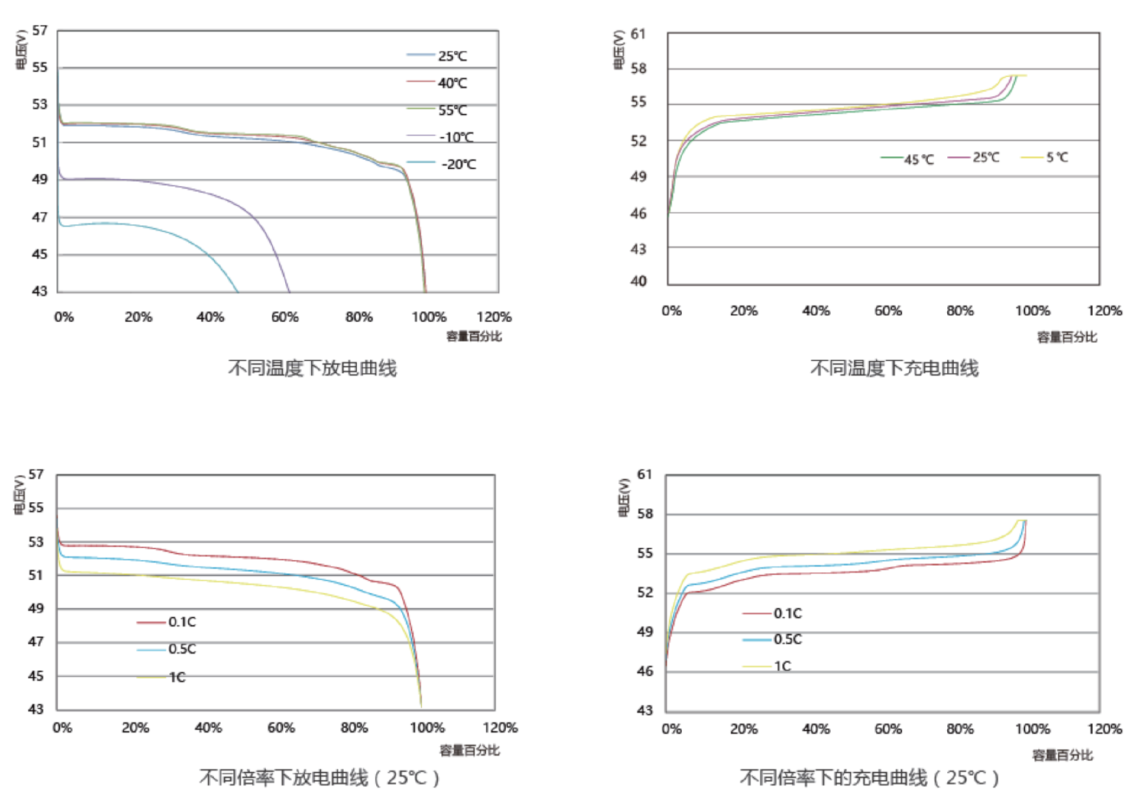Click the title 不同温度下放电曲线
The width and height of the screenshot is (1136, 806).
(312, 368)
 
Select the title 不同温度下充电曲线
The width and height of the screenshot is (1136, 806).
(894, 368)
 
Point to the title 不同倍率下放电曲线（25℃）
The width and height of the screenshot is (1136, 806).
(319, 778)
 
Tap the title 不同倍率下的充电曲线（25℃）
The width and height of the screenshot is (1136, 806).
(869, 778)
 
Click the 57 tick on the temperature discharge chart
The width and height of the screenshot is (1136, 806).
(40, 30)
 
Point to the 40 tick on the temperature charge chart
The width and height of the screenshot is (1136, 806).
(638, 281)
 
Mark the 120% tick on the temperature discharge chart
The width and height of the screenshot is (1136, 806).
(494, 317)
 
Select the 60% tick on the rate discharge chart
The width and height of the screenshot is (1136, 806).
(281, 728)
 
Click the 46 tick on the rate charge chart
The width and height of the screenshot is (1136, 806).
(645, 671)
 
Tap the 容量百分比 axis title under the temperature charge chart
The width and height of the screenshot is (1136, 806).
(1067, 337)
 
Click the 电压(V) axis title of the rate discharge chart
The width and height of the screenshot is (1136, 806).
(20, 495)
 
